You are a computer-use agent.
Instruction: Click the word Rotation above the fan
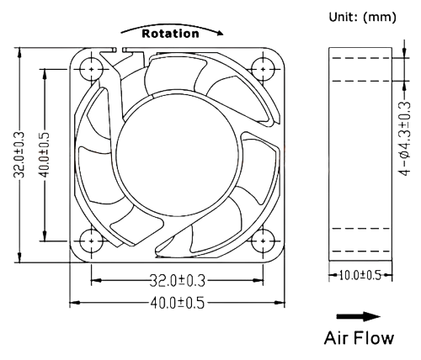pos(170,34)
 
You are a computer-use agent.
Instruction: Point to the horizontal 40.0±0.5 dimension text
pos(177,301)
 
